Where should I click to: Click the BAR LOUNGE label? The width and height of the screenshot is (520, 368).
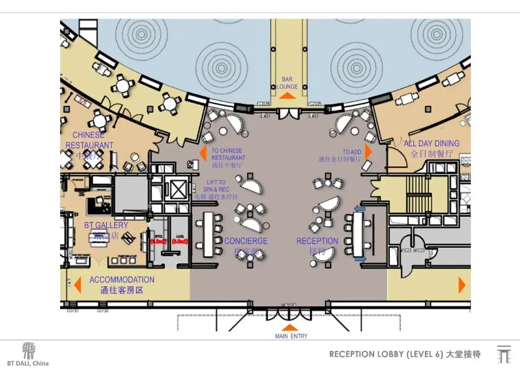click(x=287, y=83)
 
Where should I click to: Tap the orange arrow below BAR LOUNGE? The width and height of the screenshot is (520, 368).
click(x=287, y=96)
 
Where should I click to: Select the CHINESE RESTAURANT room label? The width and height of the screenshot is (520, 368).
click(x=90, y=140)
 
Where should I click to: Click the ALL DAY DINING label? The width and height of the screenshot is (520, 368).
click(x=431, y=144)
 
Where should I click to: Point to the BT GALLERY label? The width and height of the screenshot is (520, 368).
click(x=106, y=225)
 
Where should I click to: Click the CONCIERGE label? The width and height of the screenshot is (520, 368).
click(x=246, y=241)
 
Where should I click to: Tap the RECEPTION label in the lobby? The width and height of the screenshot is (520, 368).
click(x=317, y=241)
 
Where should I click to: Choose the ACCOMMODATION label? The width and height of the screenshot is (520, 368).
click(x=122, y=280)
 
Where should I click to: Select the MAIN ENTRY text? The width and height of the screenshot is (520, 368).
click(x=291, y=336)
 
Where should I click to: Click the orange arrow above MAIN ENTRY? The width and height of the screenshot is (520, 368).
click(x=291, y=328)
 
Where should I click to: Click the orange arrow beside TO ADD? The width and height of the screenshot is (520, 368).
click(x=369, y=151)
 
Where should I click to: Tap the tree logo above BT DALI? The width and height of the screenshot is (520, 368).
click(x=29, y=351)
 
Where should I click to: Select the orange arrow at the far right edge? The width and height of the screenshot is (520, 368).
click(x=462, y=285)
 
